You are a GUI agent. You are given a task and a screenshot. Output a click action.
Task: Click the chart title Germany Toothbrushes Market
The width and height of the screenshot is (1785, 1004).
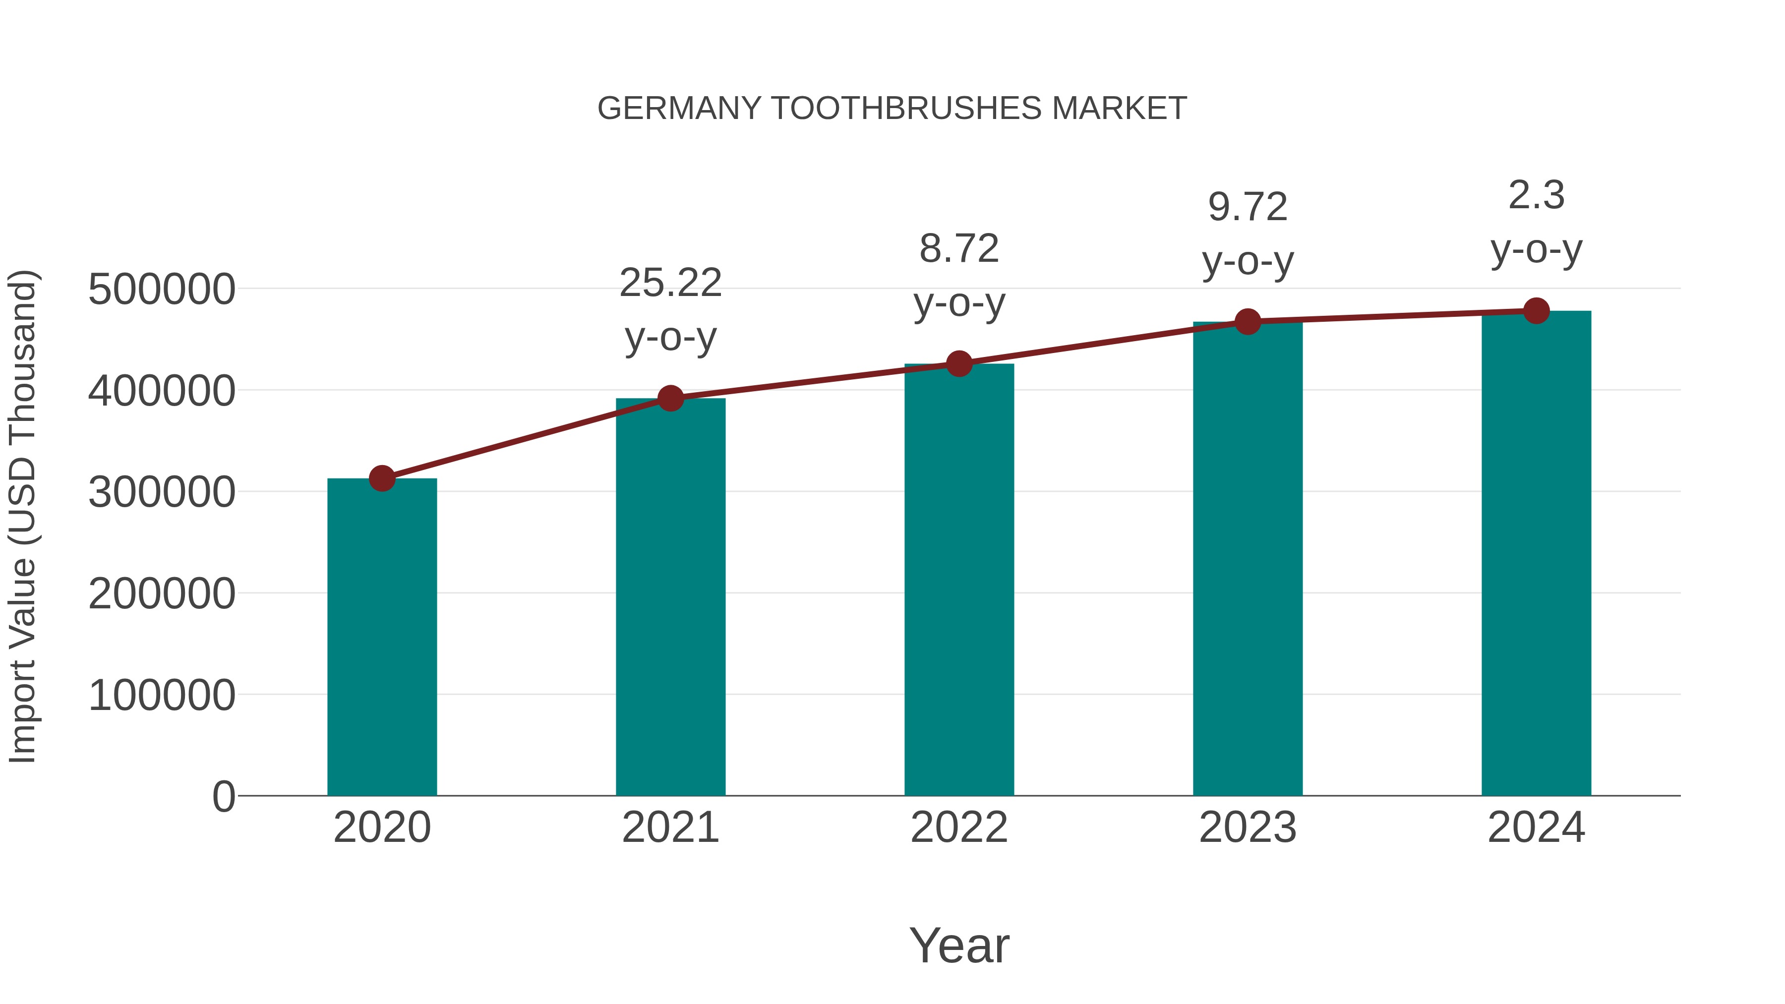[x=892, y=109]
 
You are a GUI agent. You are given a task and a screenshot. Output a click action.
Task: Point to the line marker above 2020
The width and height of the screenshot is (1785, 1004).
[x=382, y=478]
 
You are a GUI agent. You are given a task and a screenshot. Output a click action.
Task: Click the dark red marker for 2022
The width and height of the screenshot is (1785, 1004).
[x=959, y=364]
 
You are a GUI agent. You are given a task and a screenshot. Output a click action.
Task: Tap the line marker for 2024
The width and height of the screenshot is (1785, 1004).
[x=1536, y=311]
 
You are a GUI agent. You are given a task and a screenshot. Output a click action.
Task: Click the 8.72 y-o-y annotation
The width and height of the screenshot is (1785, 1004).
[x=959, y=276]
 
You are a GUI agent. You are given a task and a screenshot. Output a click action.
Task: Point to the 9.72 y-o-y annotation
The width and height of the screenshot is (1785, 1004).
[x=1248, y=234]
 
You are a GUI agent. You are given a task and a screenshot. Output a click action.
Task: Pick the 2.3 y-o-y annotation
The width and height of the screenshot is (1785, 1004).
[x=1536, y=223]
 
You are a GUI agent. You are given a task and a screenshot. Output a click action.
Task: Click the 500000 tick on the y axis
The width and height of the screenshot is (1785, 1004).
[x=162, y=289]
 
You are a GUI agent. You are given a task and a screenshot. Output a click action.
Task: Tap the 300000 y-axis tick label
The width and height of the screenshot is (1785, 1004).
[x=162, y=492]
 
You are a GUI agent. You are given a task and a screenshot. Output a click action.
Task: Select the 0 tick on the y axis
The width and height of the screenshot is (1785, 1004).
[x=223, y=796]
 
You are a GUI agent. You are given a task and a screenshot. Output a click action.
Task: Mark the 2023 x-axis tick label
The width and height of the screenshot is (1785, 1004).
[x=1248, y=827]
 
